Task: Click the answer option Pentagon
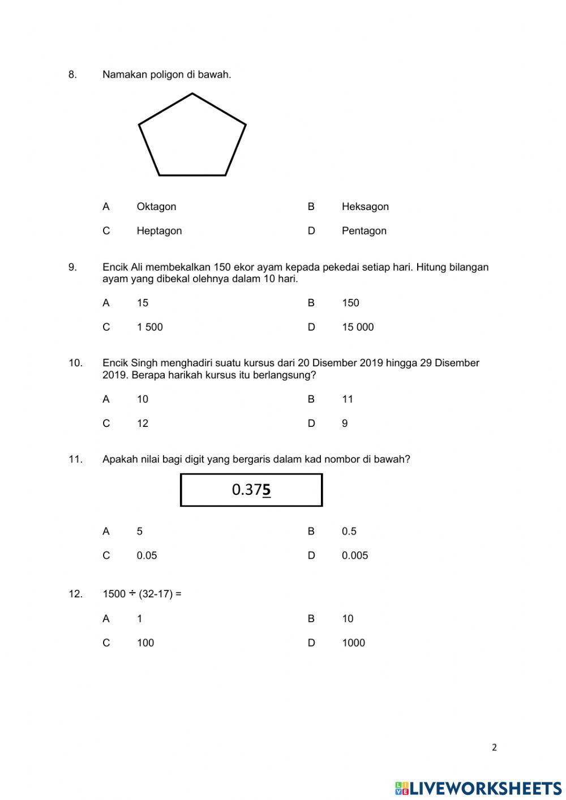pos(364,231)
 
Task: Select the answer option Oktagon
pos(156,207)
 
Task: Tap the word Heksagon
pos(365,207)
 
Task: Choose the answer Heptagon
pos(159,231)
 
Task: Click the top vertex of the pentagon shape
pos(192,94)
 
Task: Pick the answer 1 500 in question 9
pos(149,327)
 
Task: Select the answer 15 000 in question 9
pos(358,327)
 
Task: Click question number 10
pos(75,363)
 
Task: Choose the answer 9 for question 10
pos(345,423)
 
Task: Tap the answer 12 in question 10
pos(143,423)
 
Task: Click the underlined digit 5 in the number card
pos(267,490)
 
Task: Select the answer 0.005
pos(355,555)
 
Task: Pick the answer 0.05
pos(147,555)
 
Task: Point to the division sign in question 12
pos(132,594)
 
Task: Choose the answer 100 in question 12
pos(145,643)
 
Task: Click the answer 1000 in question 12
pos(353,643)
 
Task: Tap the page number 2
pos(494,747)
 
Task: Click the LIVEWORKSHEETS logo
pos(478,788)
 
